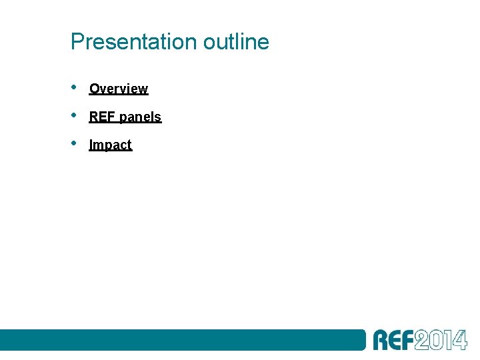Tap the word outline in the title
[236, 42]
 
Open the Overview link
[119, 89]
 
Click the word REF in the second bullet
[102, 117]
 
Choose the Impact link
[111, 145]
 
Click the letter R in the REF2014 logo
[381, 340]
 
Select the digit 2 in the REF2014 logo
[421, 340]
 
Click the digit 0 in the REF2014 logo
[437, 340]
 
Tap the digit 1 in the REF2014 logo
[449, 340]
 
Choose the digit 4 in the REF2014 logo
[459, 340]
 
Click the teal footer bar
[180, 339]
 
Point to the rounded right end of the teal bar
[363, 339]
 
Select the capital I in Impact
[91, 145]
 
